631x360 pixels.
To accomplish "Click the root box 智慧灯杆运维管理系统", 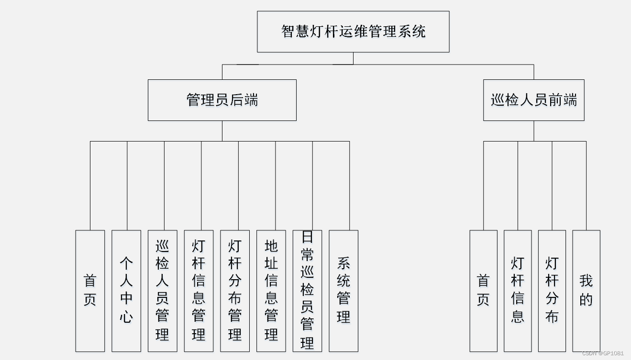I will coord(353,32).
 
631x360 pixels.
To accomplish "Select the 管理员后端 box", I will coord(222,100).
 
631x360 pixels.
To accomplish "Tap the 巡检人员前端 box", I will coord(533,100).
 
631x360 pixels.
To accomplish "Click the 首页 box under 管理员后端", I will coord(90,291).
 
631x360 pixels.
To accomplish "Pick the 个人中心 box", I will coord(126,291).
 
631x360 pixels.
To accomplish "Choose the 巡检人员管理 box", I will coord(163,291).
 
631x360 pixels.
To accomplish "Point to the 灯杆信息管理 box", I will coord(199,291).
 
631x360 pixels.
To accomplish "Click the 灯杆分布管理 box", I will coord(235,291).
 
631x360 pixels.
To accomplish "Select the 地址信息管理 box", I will coord(271,291).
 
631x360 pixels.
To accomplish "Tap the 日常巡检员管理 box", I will coord(307,291).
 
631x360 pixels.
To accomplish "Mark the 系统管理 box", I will coord(343,291).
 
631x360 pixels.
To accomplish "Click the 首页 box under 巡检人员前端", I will coord(483,291).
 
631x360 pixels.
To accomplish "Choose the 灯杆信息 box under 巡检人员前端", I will coord(518,291).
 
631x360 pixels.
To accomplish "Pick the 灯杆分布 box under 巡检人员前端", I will coord(552,291).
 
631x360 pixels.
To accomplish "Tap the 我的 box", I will coord(586,291).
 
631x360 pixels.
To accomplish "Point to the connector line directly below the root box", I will coord(354,58).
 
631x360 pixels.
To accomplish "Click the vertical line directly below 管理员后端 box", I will coord(222,131).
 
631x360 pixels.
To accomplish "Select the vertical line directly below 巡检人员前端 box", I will coord(534,131).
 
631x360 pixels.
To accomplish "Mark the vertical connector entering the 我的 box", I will coord(586,186).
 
